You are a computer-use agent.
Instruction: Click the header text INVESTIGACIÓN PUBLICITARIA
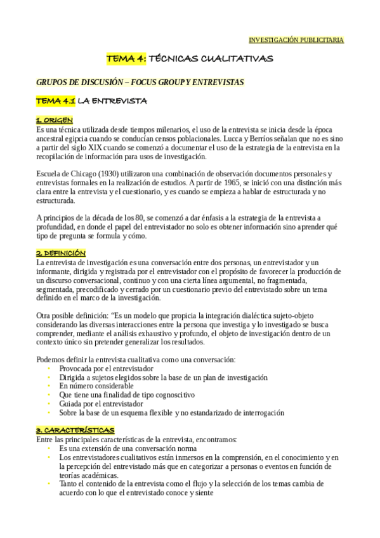click(296, 40)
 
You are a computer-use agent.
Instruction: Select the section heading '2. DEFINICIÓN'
click(61, 253)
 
